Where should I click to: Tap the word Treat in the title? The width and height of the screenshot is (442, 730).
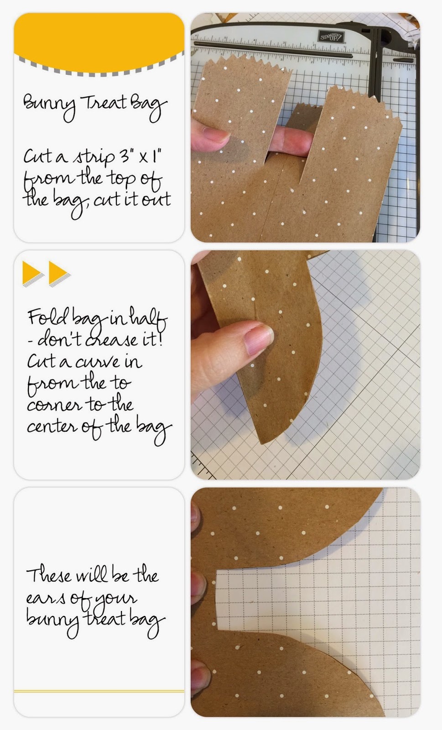(105, 102)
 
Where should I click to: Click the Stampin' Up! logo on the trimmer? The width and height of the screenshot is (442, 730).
(331, 36)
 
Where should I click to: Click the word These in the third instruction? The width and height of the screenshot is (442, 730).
(49, 575)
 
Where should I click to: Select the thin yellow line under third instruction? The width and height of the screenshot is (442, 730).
(99, 691)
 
